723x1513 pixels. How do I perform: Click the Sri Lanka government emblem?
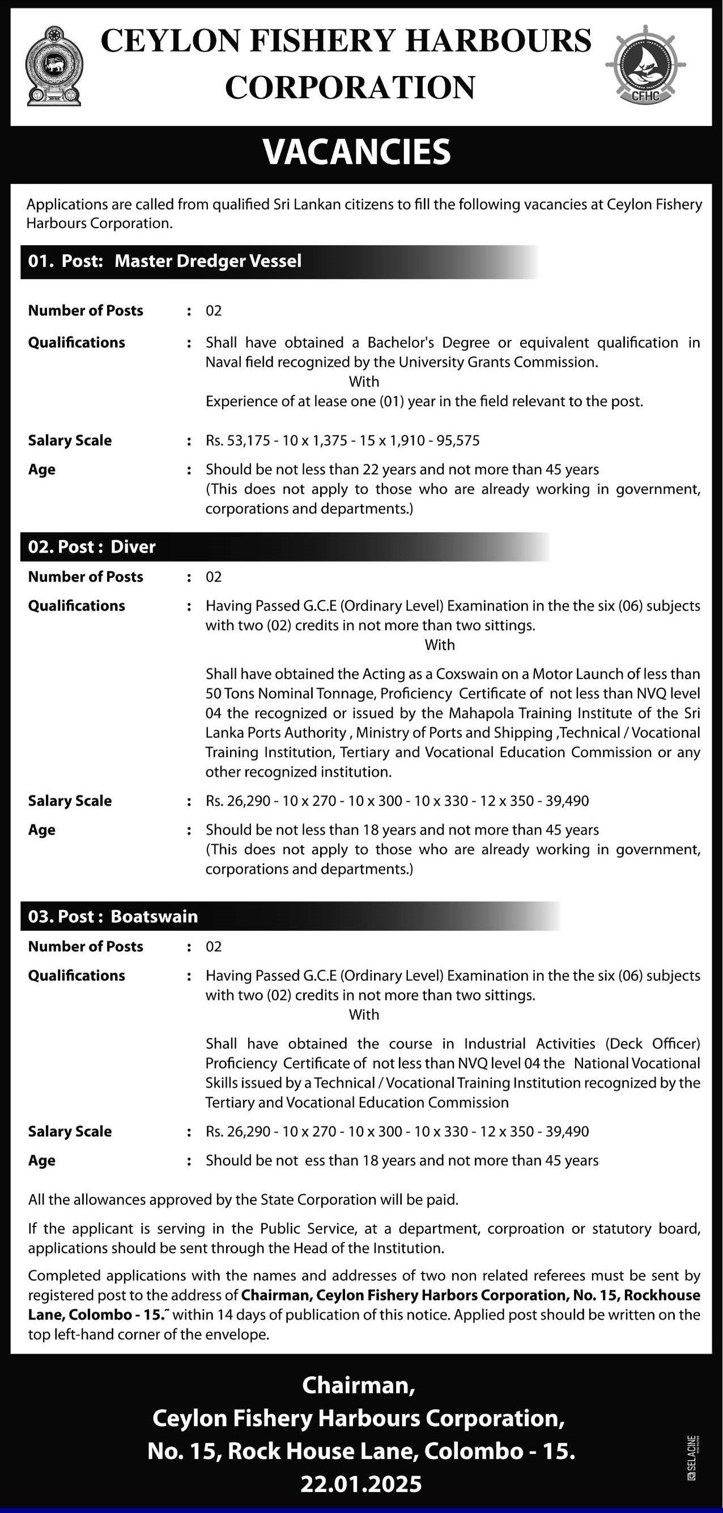click(54, 66)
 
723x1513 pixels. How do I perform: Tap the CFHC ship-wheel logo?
click(645, 66)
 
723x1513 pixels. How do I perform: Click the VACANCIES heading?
click(357, 152)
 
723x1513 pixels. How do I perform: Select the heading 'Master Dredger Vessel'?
click(208, 261)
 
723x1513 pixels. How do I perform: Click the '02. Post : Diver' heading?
click(92, 547)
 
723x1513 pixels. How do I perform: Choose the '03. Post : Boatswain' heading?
click(113, 916)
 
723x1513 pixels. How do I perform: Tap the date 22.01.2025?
click(361, 1484)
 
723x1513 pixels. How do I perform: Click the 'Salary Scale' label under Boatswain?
click(70, 1131)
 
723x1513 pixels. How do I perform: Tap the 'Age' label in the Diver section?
click(42, 830)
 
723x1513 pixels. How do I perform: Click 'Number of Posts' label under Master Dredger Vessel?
click(86, 311)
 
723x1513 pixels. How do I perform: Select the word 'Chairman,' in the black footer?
click(359, 1385)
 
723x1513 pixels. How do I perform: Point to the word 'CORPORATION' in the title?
click(350, 87)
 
